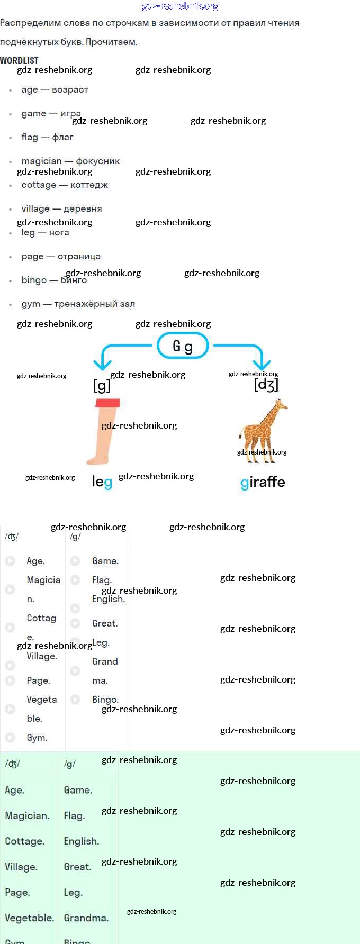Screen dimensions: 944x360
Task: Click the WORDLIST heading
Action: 19,60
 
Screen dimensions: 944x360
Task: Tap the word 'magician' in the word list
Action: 41,161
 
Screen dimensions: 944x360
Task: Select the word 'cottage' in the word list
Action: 39,185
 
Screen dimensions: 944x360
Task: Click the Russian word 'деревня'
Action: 83,208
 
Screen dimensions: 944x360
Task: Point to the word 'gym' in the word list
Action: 31,304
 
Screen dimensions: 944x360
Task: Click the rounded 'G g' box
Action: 183,346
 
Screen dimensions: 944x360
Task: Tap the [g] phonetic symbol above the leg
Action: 102,385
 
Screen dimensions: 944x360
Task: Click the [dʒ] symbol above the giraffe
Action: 266,384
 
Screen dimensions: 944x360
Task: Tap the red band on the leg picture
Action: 107,403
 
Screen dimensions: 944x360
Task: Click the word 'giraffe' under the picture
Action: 263,482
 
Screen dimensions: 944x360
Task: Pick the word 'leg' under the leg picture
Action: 102,482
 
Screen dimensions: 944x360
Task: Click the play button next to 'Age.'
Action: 10,560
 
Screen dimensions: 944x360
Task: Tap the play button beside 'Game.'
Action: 75,560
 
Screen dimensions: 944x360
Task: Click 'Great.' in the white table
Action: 105,623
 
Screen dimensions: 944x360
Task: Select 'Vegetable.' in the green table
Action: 30,918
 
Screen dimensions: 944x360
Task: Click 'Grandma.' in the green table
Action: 86,918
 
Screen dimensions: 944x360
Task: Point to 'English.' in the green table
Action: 82,841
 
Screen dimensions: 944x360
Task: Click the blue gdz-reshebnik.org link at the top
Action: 180,6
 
